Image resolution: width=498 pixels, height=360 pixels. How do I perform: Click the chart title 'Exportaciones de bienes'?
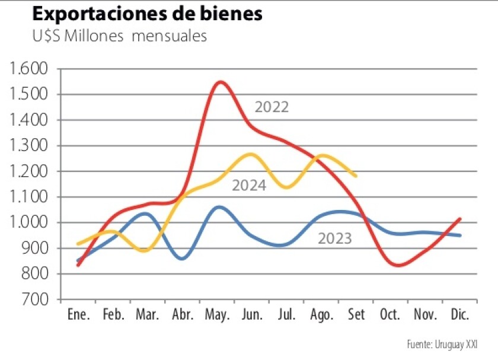point(147,14)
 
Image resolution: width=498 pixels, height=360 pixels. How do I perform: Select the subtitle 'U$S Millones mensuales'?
point(119,36)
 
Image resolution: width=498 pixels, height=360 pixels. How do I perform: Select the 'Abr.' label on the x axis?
point(183,315)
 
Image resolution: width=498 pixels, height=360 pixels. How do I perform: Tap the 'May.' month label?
point(218,315)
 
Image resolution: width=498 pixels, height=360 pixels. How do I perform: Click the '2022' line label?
point(272,107)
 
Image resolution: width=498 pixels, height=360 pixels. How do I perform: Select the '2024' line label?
point(248,186)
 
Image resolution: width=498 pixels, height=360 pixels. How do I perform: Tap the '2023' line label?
point(335,239)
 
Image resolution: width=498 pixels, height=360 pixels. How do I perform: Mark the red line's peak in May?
point(220,82)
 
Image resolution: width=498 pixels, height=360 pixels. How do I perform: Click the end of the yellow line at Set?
point(356,176)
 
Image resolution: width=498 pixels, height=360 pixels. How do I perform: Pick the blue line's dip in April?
point(183,259)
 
